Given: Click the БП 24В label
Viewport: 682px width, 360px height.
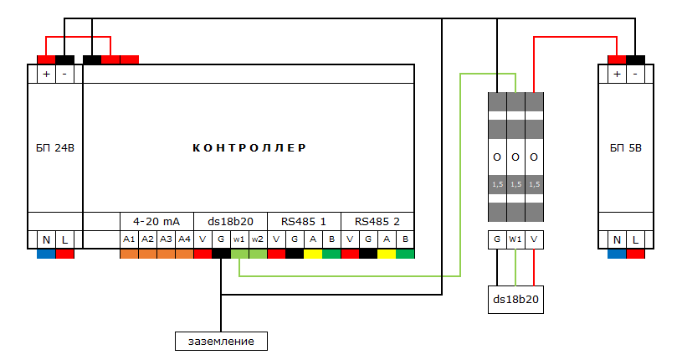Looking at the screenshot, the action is coord(55,148).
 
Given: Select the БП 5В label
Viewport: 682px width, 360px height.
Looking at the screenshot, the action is coord(626,148).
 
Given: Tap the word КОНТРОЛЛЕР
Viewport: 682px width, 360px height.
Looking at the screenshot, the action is coord(249,148).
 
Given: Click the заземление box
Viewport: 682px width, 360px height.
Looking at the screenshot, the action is coord(221,342).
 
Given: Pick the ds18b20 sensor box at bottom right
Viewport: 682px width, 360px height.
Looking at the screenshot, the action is coord(515,300).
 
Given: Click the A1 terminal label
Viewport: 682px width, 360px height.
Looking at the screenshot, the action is coord(129,239).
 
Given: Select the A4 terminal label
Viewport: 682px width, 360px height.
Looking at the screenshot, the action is coord(184,239).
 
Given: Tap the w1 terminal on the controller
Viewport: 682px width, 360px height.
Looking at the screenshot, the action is coord(239,239).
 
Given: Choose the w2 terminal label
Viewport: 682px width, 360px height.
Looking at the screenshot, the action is coord(258,239).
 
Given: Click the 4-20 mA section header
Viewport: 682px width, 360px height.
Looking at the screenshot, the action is coord(156,222).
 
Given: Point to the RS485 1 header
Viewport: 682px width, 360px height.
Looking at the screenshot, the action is coord(304,222).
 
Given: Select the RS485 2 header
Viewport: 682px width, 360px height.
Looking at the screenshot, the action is coord(377,222).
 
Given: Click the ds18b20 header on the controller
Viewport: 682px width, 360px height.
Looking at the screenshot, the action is coord(230,222).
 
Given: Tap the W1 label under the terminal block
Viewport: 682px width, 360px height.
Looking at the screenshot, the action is coord(515,239).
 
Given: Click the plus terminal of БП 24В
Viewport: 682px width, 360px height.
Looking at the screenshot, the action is coord(47,74).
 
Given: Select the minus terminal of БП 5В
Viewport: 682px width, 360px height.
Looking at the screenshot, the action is coord(635,74).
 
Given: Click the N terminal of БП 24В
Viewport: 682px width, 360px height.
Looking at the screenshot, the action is coord(47,239).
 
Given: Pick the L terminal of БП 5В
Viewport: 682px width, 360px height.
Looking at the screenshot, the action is coord(635,239).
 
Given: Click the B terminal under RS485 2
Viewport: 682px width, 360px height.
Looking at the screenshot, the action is coord(405,239).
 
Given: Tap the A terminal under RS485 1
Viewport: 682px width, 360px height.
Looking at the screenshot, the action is coord(313,239).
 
